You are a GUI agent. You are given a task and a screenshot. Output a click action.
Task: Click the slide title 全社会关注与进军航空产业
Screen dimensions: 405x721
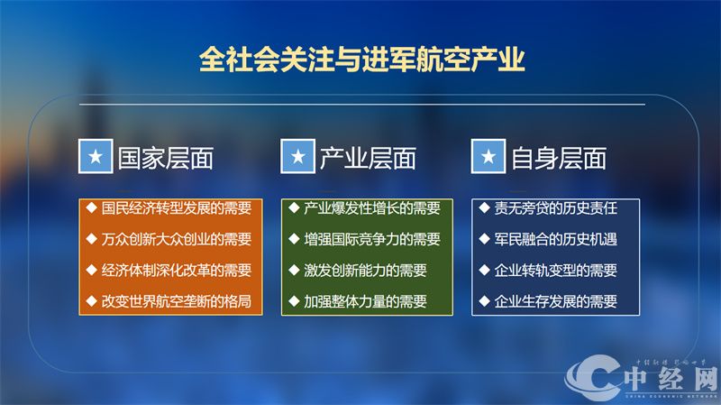[360, 60]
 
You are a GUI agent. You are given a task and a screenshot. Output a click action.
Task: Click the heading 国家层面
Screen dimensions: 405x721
[166, 159]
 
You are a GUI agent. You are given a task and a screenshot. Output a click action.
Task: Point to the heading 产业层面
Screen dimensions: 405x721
[368, 159]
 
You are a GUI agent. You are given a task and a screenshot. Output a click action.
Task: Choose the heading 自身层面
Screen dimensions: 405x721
[559, 159]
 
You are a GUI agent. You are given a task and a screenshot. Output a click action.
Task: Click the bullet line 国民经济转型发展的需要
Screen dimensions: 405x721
[176, 208]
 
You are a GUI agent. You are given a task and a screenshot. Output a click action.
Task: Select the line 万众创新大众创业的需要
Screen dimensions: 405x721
[176, 239]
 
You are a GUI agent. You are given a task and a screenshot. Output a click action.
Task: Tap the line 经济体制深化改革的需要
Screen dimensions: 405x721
[176, 270]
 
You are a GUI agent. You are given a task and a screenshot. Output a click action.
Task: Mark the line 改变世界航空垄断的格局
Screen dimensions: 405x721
[176, 300]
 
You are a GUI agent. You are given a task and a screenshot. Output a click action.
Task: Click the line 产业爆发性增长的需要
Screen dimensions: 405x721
[371, 208]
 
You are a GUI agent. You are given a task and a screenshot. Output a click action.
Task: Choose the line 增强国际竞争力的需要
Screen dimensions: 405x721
[371, 239]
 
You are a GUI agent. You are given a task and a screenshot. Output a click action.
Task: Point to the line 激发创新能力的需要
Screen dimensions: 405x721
[364, 270]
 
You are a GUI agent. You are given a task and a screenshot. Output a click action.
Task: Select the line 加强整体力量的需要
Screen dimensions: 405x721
[364, 300]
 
